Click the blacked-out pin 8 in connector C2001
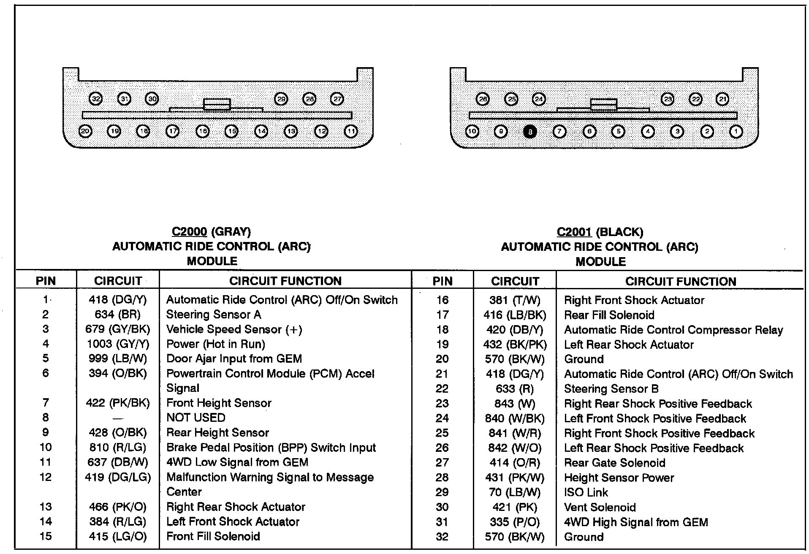pyautogui.click(x=529, y=132)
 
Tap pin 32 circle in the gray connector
pyautogui.click(x=96, y=99)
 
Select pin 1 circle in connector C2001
pyautogui.click(x=736, y=132)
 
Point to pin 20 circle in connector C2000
pyautogui.click(x=85, y=131)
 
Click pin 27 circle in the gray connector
pyautogui.click(x=337, y=99)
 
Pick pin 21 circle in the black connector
pyautogui.click(x=722, y=99)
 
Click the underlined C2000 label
pyautogui.click(x=189, y=232)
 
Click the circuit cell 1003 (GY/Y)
pyautogui.click(x=118, y=344)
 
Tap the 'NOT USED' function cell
pyautogui.click(x=196, y=418)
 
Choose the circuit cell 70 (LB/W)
pyautogui.click(x=515, y=492)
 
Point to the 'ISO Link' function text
pyautogui.click(x=586, y=492)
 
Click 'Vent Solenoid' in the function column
pyautogui.click(x=600, y=507)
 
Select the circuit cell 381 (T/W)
pyautogui.click(x=515, y=300)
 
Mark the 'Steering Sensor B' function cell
pyautogui.click(x=611, y=389)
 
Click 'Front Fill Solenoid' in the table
pyautogui.click(x=213, y=537)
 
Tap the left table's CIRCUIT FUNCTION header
pyautogui.click(x=285, y=281)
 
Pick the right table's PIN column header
pyautogui.click(x=443, y=281)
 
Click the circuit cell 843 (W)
pyautogui.click(x=515, y=404)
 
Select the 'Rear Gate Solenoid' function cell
pyautogui.click(x=614, y=463)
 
